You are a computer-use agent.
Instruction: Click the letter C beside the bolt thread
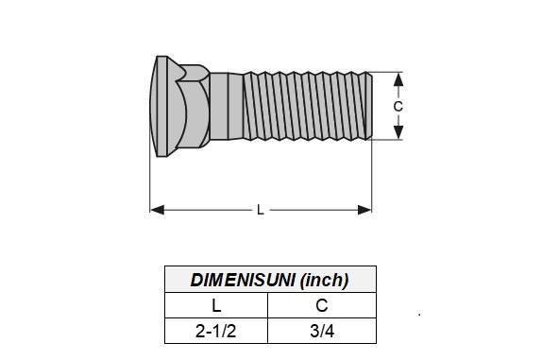click(x=398, y=107)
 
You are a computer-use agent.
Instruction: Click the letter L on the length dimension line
click(x=261, y=210)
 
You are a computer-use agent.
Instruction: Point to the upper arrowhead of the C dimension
click(x=398, y=79)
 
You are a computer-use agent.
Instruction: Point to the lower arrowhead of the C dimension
click(x=398, y=133)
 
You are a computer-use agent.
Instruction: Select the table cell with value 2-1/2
click(x=216, y=331)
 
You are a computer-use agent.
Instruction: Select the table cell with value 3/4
click(x=322, y=331)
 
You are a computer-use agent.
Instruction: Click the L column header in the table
click(x=216, y=305)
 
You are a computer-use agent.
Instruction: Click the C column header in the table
click(x=322, y=305)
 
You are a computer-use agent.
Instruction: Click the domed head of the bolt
click(x=158, y=106)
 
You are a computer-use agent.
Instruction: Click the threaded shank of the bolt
click(x=302, y=106)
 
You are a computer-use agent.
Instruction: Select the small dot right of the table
click(x=418, y=313)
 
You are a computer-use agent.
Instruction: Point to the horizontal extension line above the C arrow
click(x=387, y=72)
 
